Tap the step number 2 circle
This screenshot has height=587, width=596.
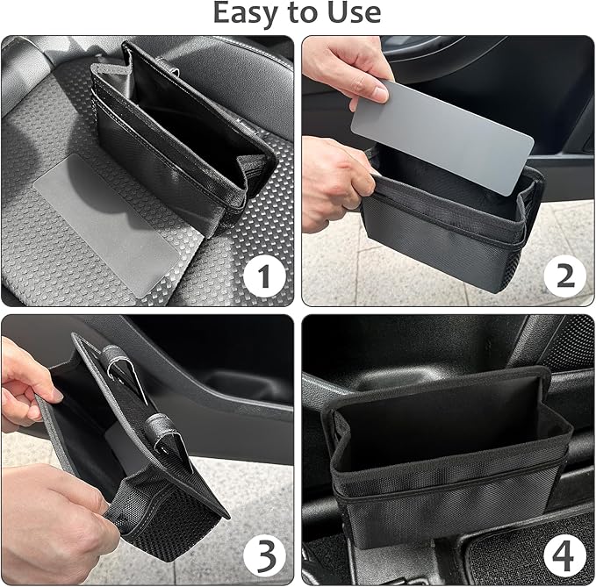(x=564, y=277)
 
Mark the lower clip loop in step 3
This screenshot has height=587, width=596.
(x=163, y=425)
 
